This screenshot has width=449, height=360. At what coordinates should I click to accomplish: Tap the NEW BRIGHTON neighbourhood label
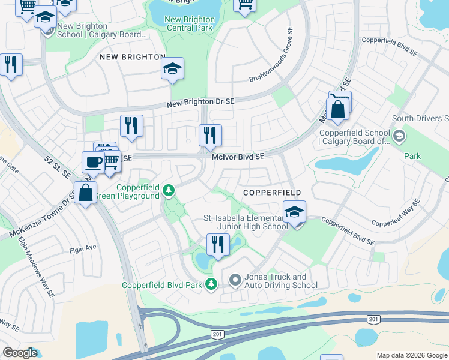(x=132, y=57)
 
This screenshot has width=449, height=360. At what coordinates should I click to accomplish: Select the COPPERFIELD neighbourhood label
(x=272, y=192)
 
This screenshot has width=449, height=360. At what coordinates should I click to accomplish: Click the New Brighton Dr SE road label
(x=200, y=103)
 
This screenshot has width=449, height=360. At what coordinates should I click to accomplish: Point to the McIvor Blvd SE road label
(x=238, y=156)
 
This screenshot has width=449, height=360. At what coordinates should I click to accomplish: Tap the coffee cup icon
(x=93, y=162)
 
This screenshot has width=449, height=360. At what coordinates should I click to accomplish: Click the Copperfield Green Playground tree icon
(x=169, y=191)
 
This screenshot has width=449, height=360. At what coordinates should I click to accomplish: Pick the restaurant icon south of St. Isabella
(x=218, y=244)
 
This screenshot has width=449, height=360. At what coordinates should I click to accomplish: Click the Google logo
(x=20, y=353)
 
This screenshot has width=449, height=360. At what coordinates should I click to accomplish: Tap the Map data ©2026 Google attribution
(x=412, y=355)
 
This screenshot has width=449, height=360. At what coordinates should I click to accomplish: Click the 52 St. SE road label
(x=57, y=167)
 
